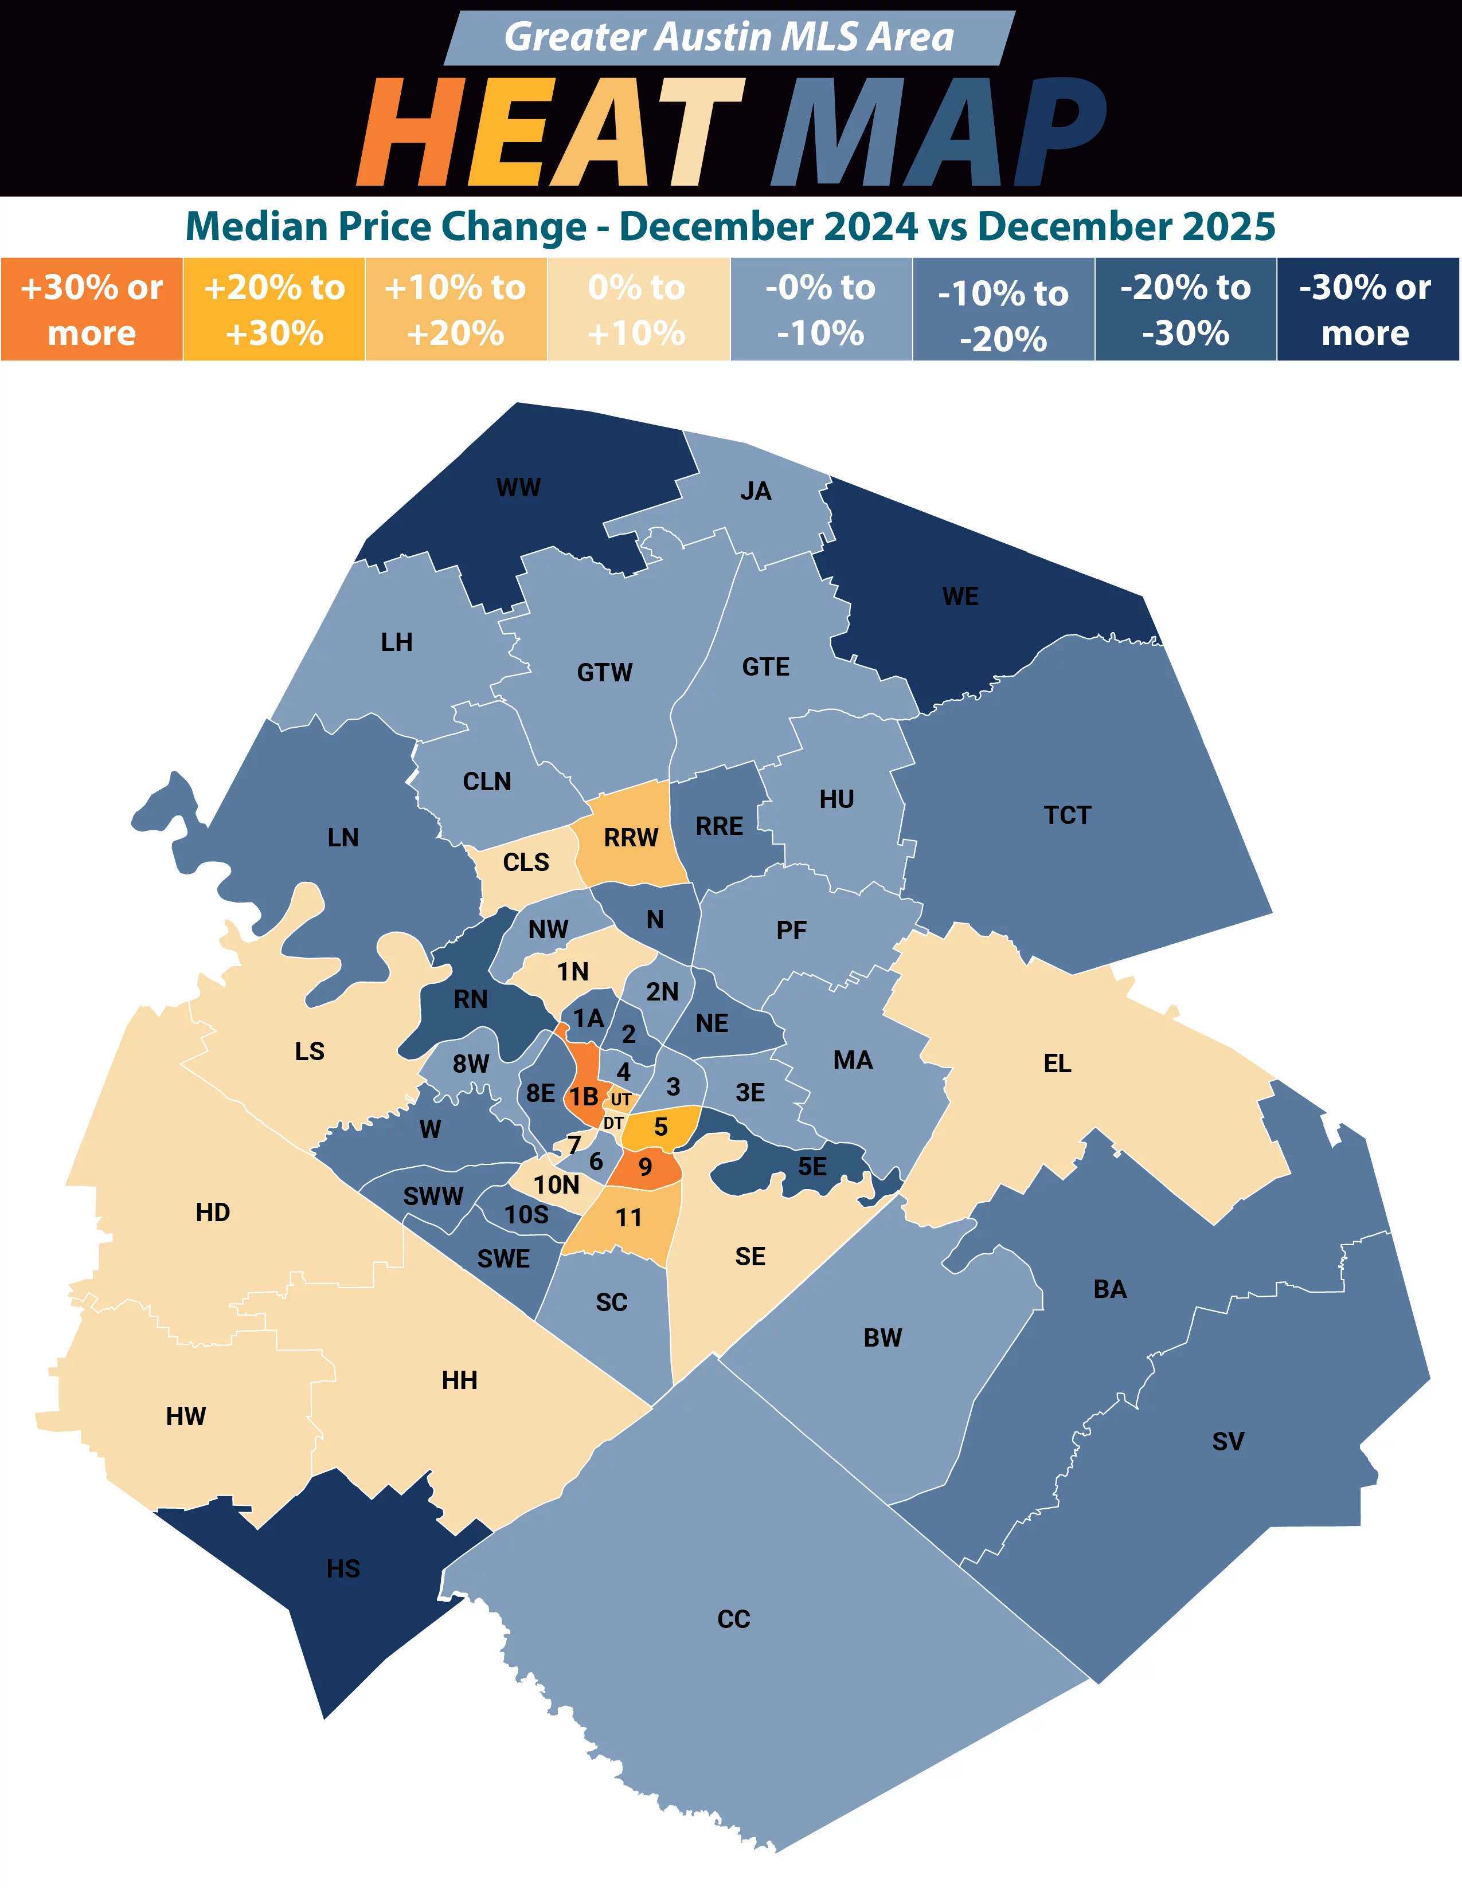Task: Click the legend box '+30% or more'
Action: coord(92,309)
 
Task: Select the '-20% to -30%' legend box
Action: coord(1185,309)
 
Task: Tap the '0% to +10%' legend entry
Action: coord(638,309)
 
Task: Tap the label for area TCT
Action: coord(1067,815)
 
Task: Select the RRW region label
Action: coord(631,837)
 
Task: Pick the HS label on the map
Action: coord(343,1568)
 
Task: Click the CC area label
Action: coord(734,1619)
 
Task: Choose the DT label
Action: coord(613,1123)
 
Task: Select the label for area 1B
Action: coord(584,1096)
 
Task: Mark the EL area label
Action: coord(1057,1063)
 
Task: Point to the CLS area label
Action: coord(526,862)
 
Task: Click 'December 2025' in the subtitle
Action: coord(1126,227)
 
